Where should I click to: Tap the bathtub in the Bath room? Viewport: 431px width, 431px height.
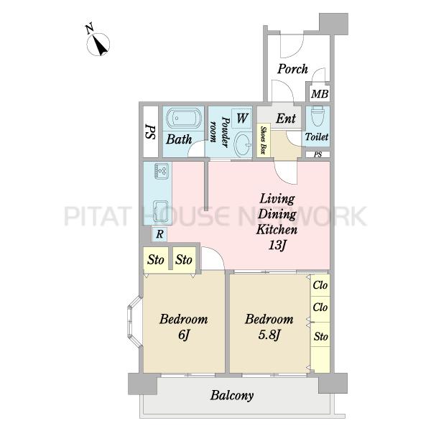point(184,119)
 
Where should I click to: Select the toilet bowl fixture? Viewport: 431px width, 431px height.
point(318,115)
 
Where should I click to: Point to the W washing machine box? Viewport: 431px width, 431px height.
point(241,119)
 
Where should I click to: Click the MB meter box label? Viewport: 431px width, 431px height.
point(320,94)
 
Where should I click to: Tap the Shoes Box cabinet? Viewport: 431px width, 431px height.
point(264,140)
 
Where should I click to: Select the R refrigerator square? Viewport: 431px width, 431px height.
point(159,234)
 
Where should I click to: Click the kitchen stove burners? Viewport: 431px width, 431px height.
point(162,171)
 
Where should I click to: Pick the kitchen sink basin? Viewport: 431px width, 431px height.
point(161,212)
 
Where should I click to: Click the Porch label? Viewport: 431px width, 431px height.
point(292,69)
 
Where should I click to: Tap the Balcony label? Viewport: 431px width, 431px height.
point(232,396)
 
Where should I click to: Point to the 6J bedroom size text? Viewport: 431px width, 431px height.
point(184,335)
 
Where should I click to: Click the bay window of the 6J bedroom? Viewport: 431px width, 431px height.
point(134,322)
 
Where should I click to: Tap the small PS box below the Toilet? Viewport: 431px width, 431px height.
point(318,154)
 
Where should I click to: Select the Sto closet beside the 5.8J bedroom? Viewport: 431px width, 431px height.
point(321,337)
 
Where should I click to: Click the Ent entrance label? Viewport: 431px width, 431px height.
point(286,119)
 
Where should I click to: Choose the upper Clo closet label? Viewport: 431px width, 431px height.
point(320,285)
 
